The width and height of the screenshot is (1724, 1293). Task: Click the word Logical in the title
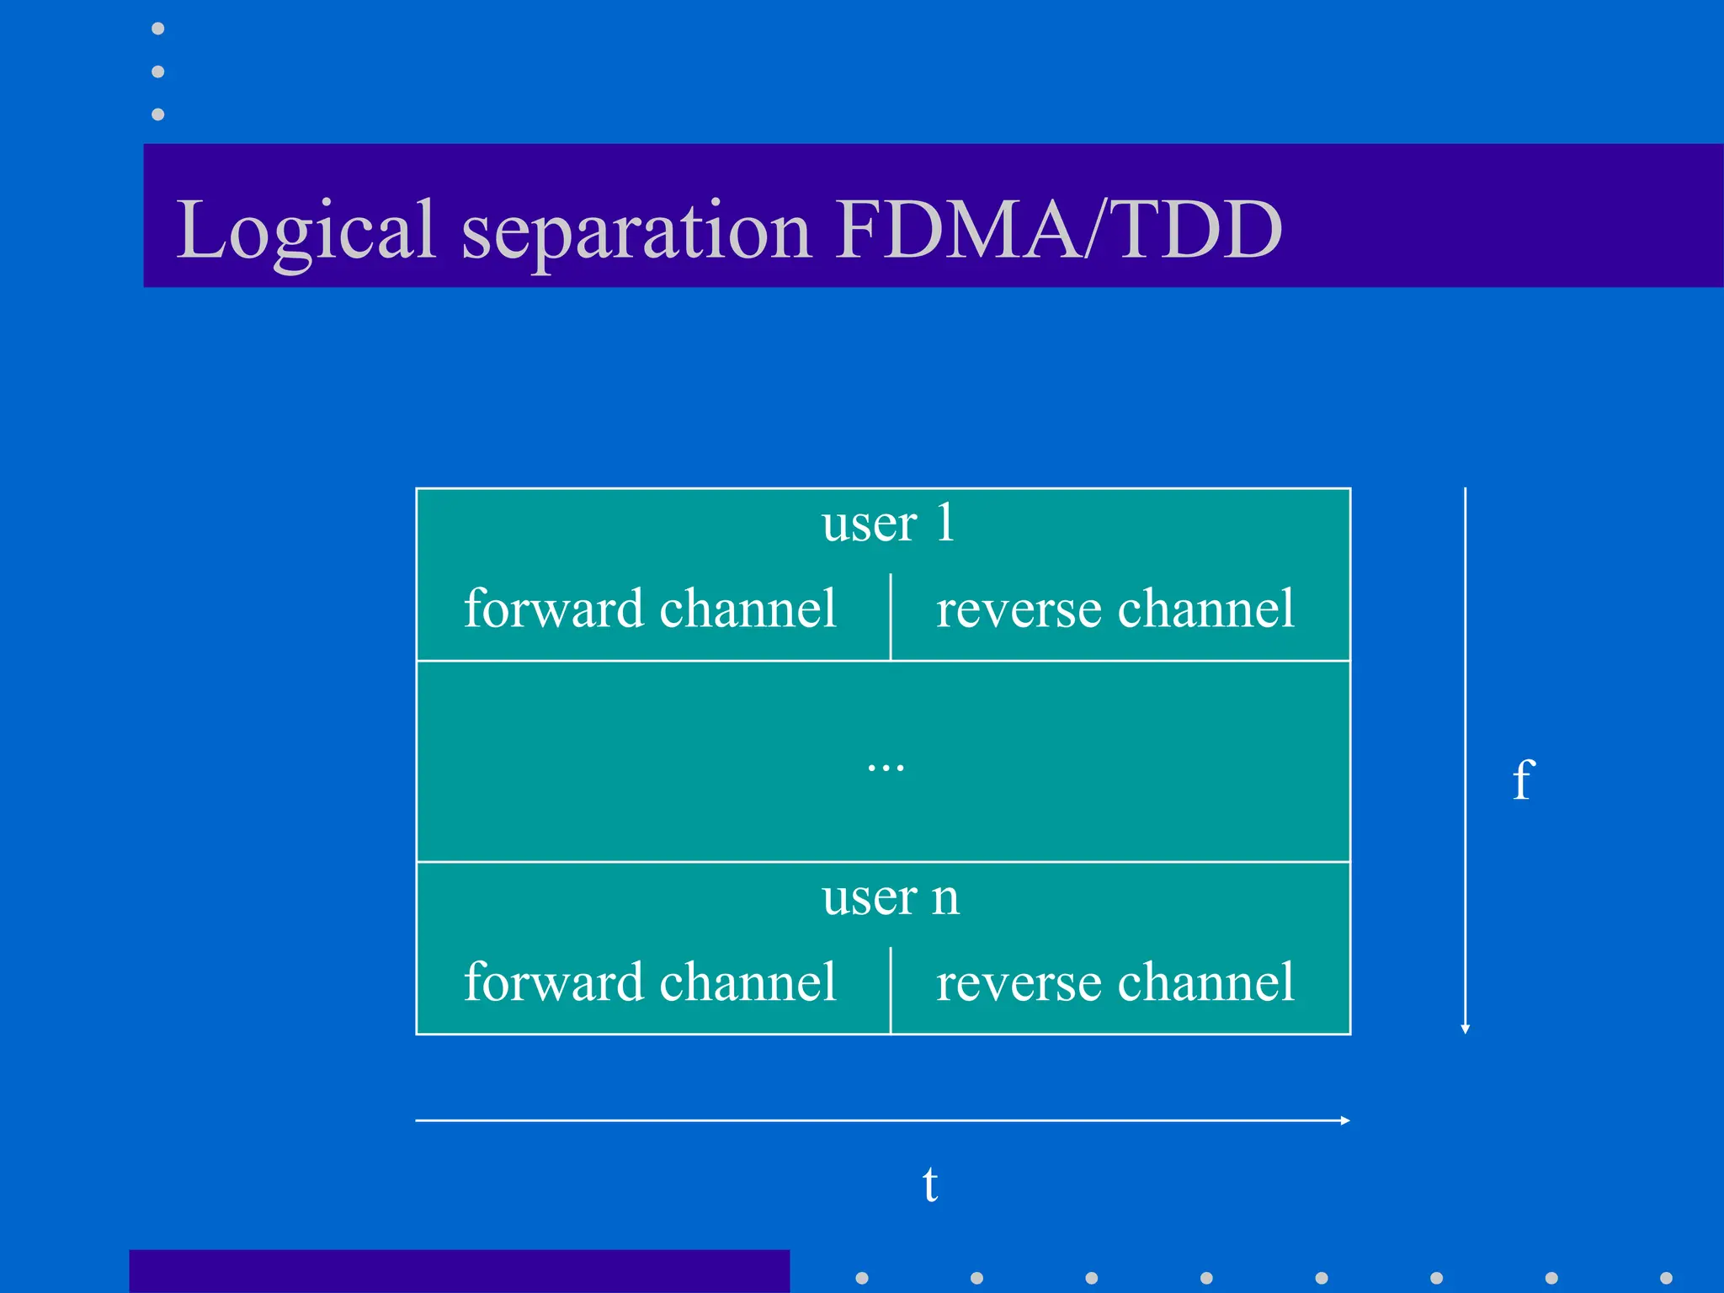(305, 229)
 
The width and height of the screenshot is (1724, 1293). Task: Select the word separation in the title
(636, 229)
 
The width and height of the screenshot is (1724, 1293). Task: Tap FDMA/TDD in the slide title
(1059, 229)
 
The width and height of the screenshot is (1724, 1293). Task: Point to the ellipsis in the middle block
(886, 767)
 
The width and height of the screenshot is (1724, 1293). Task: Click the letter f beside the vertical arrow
(1523, 780)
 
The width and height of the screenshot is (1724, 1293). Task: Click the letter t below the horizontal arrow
(929, 1184)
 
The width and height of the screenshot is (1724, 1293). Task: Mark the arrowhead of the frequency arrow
(1466, 1029)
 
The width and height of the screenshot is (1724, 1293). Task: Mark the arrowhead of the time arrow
(1345, 1120)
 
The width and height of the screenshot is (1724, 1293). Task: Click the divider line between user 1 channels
(891, 616)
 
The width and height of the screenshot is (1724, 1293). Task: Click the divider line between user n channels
(891, 990)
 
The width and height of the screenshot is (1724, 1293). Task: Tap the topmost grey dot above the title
(157, 29)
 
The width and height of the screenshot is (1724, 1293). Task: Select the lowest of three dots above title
(157, 114)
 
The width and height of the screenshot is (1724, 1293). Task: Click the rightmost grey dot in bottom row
(1666, 1278)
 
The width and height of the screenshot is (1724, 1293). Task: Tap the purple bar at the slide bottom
(459, 1271)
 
